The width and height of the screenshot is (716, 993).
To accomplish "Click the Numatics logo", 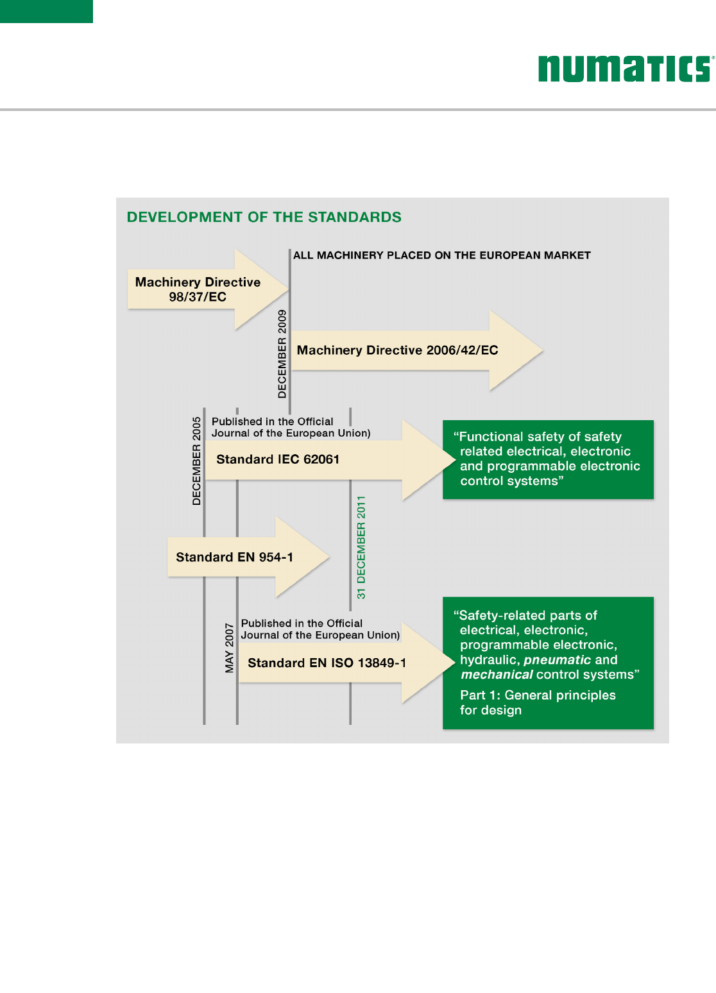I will click(625, 69).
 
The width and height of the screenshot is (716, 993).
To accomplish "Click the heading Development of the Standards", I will click(264, 217).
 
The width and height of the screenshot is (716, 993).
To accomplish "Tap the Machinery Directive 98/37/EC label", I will click(198, 289).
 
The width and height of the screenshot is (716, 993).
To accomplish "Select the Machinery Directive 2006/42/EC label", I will click(397, 350).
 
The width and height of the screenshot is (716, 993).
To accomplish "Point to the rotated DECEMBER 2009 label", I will click(282, 353).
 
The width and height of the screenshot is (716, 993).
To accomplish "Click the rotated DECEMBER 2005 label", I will click(196, 461).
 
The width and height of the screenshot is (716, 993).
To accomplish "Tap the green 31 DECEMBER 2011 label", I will click(361, 547).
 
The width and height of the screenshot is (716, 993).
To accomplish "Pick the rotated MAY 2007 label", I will click(229, 647).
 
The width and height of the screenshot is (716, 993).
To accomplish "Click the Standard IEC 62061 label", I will click(278, 459).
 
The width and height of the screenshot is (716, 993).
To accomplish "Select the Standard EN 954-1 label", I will click(234, 557).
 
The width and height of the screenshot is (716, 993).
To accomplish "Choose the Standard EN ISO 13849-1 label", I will click(327, 663).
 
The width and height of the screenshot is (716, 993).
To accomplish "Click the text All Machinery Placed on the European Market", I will click(441, 255).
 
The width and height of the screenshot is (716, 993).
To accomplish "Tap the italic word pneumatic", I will click(557, 660).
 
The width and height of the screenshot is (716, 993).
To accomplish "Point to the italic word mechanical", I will click(497, 675).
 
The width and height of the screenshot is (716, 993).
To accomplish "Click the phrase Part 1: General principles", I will click(538, 695).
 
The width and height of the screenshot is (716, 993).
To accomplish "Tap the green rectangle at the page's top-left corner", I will click(46, 12).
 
